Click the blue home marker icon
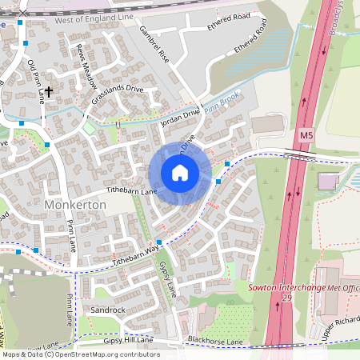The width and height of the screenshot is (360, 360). (180, 173)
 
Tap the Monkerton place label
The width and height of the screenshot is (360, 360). (77, 205)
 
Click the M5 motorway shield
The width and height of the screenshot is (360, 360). (306, 137)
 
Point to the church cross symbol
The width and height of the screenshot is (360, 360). (49, 93)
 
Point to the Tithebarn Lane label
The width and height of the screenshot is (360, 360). (131, 192)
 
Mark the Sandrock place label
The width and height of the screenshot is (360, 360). (108, 310)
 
